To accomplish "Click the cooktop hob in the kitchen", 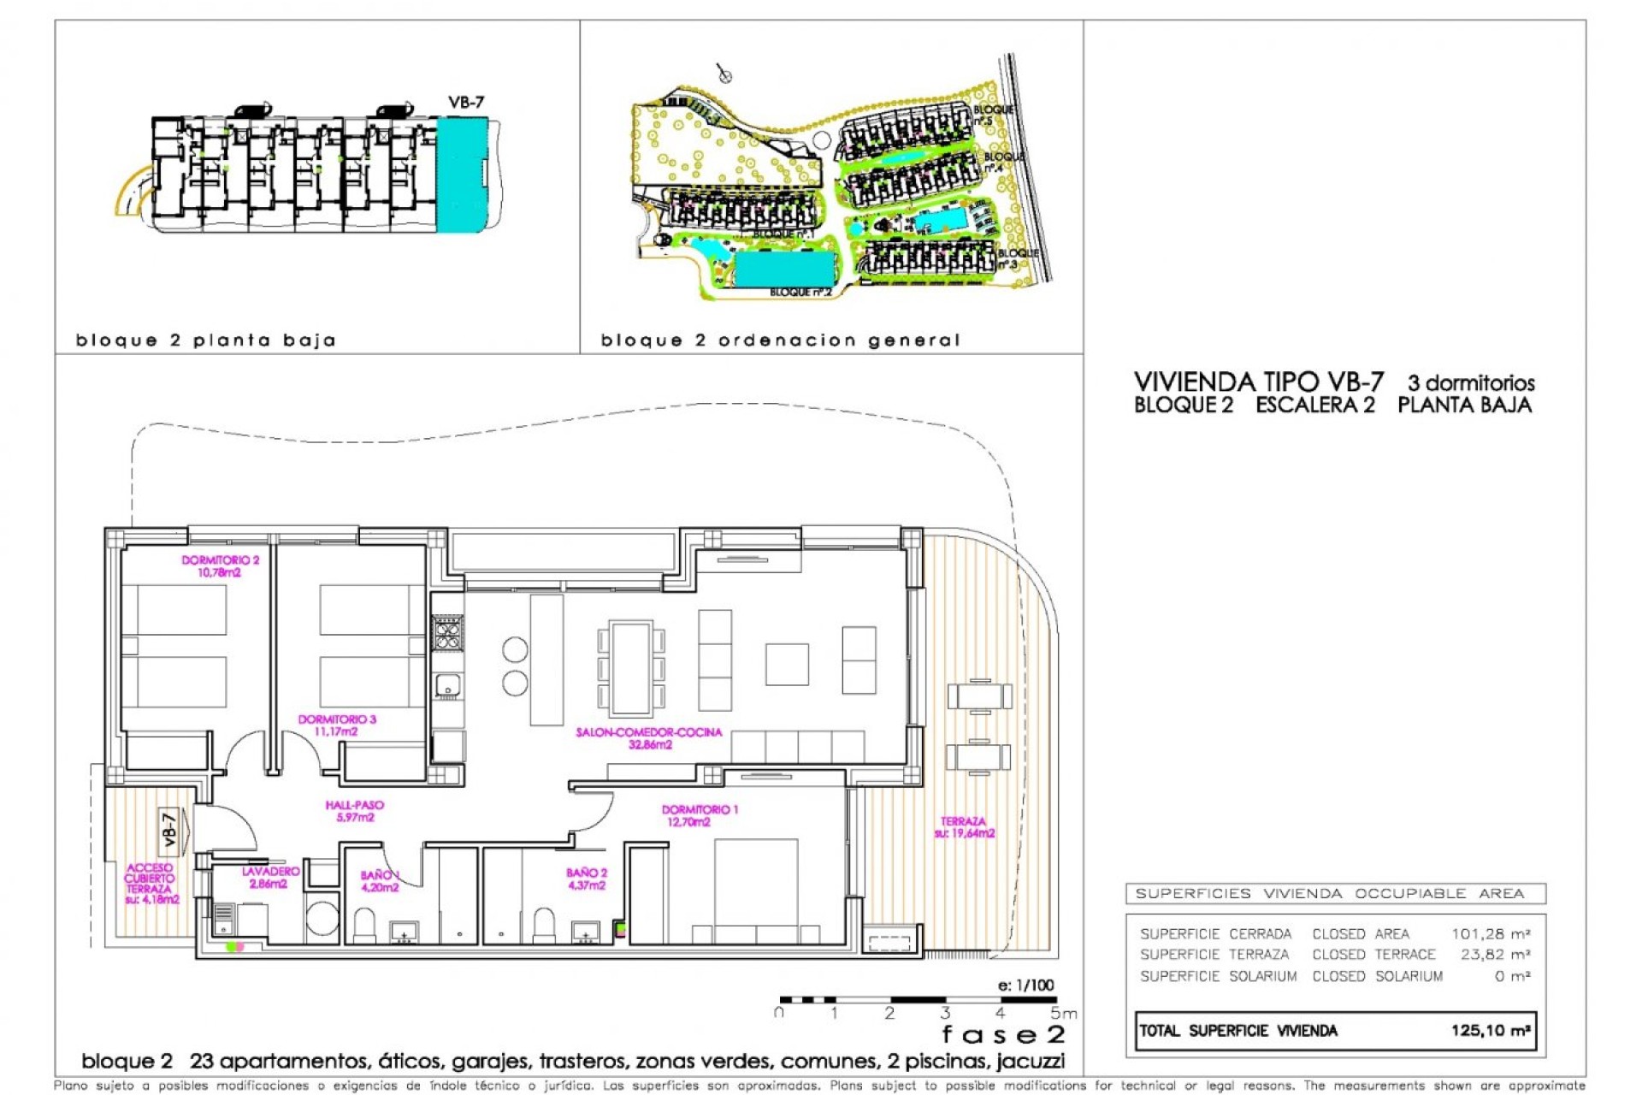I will (447, 634).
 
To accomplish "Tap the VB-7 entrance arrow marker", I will (171, 829).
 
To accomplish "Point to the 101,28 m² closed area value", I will (1490, 933).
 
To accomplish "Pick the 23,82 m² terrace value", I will (1494, 954).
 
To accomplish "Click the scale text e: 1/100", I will (1025, 985).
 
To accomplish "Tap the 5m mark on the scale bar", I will (1063, 1014).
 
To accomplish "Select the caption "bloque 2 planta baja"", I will (206, 340).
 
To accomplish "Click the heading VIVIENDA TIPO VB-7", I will (1258, 382).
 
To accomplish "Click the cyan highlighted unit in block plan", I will (461, 175).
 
